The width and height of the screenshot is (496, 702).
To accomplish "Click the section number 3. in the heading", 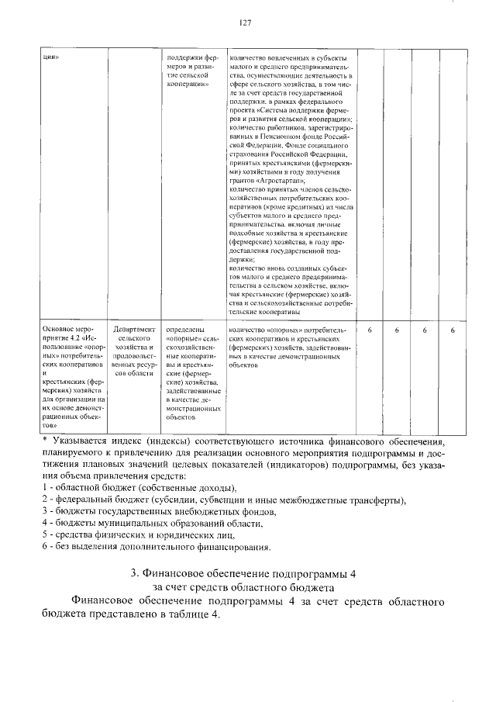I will coord(134,574).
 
